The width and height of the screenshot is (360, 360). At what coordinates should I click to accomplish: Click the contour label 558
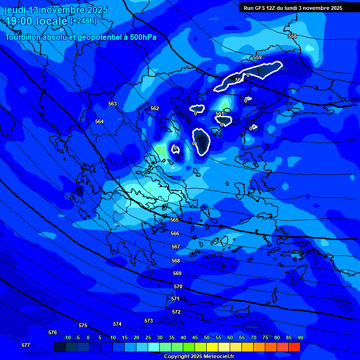click(292, 36)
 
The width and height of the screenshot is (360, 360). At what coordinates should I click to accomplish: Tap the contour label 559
click(257, 57)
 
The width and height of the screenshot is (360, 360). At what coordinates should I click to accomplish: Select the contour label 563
click(112, 104)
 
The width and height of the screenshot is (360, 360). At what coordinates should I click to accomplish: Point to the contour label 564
click(99, 121)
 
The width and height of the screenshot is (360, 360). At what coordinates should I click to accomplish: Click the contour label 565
click(174, 220)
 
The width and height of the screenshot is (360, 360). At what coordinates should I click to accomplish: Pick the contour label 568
click(176, 261)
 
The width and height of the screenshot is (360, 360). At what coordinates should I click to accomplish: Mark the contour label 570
click(178, 286)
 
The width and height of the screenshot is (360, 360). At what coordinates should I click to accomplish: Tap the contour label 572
click(176, 312)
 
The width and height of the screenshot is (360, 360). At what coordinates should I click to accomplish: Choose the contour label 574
click(117, 324)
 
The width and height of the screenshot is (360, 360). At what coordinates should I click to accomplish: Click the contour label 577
click(26, 345)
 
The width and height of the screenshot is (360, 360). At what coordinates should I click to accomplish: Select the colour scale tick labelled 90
click(300, 337)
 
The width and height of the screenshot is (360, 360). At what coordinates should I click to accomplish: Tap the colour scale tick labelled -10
click(67, 337)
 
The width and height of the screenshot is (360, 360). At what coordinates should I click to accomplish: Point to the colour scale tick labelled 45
click(195, 337)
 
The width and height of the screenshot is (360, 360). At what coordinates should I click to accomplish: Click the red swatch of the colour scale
click(294, 347)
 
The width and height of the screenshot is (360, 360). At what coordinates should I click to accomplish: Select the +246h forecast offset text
click(83, 21)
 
